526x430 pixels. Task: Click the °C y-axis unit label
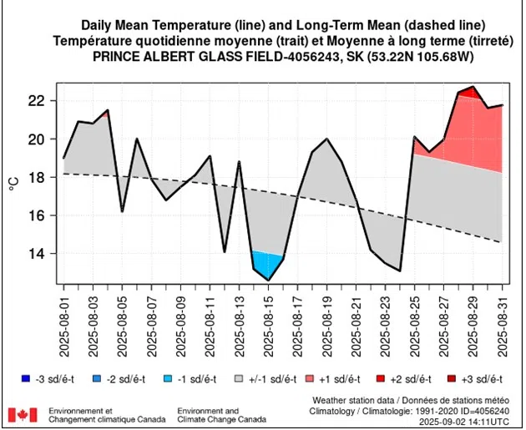tap(14, 177)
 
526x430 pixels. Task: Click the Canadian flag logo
tap(23, 415)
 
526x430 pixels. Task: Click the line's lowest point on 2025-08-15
tap(268, 280)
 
